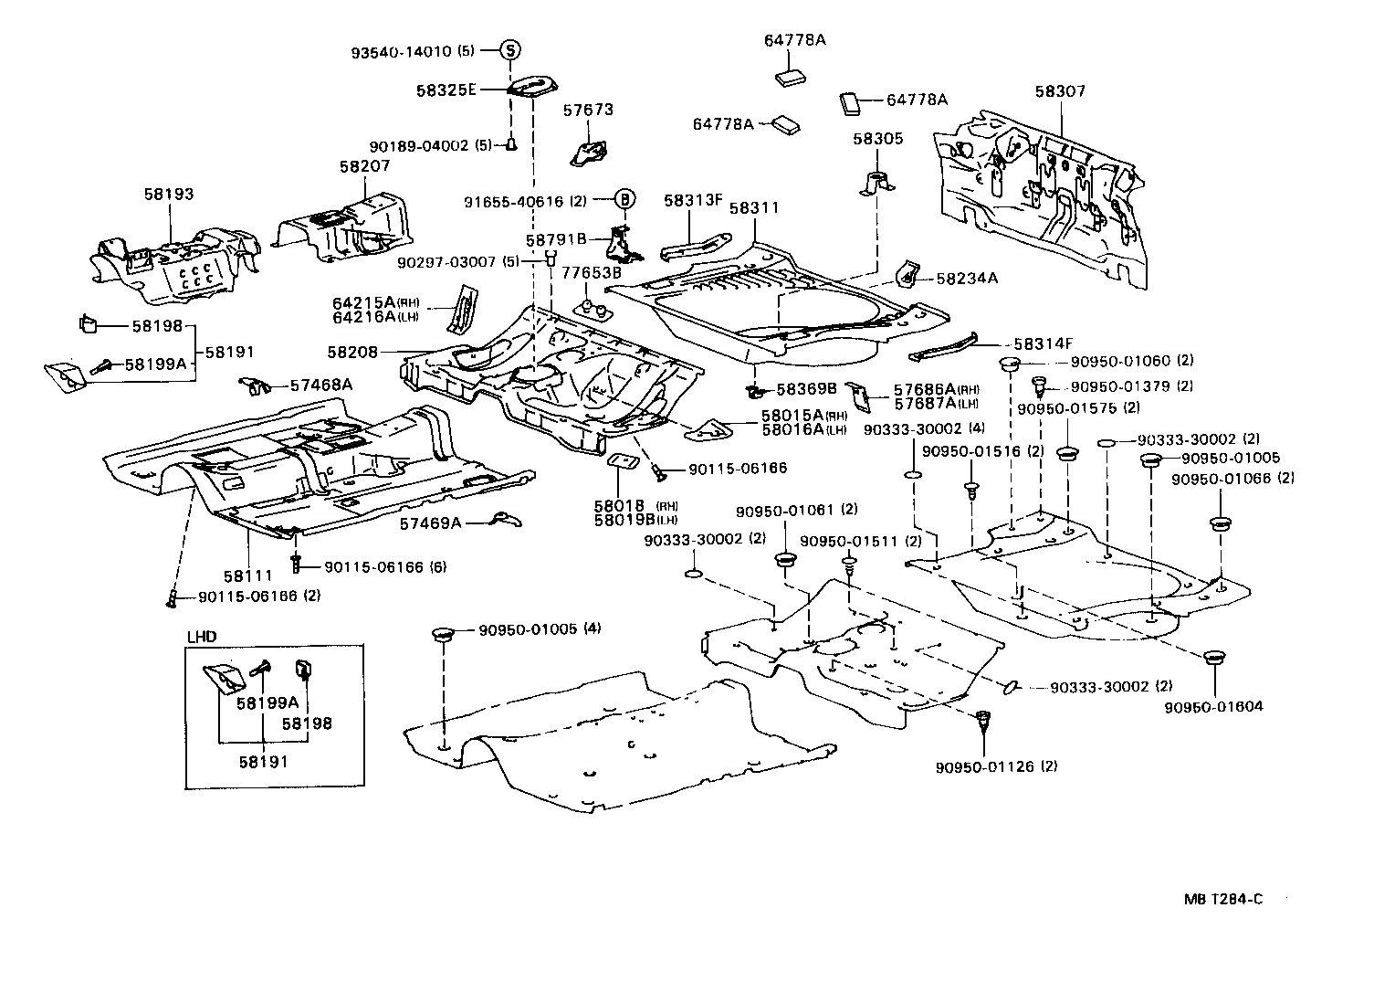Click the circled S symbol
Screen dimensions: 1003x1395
click(509, 51)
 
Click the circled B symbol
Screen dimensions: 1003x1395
click(624, 199)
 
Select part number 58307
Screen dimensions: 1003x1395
click(1060, 91)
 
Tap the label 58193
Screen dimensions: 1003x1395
click(168, 195)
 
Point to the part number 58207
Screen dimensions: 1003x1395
click(364, 166)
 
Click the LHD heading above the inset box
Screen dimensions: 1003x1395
click(203, 637)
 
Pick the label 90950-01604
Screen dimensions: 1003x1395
click(1213, 706)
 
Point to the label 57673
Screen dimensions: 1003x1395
click(588, 110)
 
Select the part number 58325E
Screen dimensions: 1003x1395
click(472, 90)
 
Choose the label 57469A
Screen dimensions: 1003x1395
click(430, 523)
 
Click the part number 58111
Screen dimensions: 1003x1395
click(247, 575)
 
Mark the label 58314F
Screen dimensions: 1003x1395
click(1043, 344)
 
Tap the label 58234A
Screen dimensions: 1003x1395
click(967, 279)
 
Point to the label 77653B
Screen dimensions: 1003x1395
click(591, 272)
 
